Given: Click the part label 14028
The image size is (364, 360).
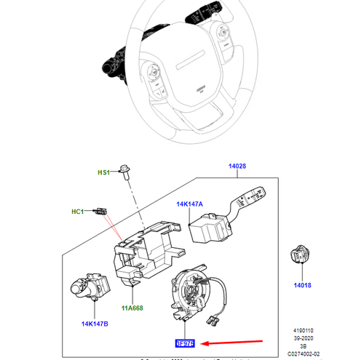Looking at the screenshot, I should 239,167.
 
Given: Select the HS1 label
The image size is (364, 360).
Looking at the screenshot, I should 103,172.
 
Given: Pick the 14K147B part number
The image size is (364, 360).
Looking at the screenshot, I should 96,322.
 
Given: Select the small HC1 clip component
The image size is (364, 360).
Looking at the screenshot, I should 102,212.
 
